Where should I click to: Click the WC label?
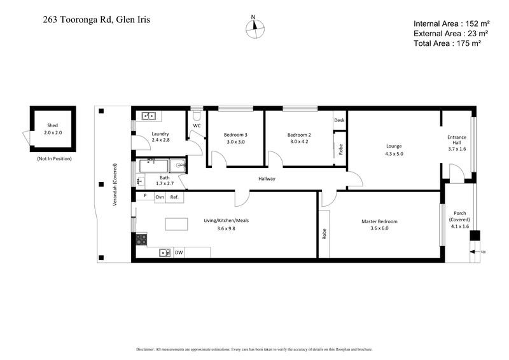tap(197, 126)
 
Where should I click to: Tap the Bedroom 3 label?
tap(235, 134)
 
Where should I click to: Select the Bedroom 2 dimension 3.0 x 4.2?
tap(298, 142)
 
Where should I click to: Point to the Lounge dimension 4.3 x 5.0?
tap(394, 154)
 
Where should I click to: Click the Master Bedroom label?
tap(379, 221)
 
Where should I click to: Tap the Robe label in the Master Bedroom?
tap(324, 234)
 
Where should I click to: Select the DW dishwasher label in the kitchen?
tap(179, 253)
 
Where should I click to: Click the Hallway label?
tap(267, 179)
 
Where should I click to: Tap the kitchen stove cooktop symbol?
tap(141, 239)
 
